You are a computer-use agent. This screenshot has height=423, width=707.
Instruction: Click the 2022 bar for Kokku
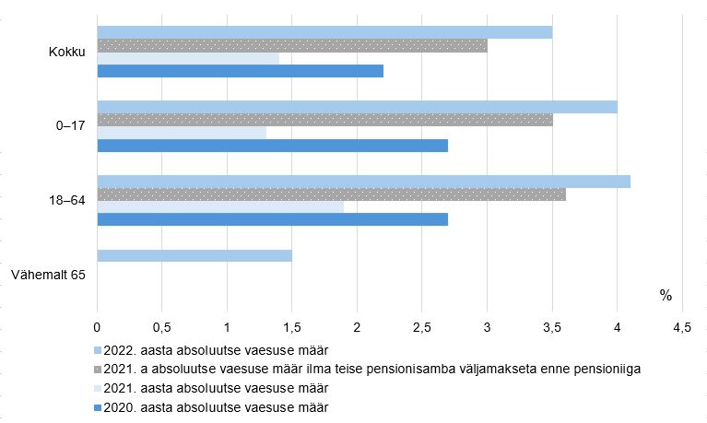click(x=324, y=32)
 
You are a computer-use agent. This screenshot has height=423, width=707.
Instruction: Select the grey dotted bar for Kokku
click(x=292, y=45)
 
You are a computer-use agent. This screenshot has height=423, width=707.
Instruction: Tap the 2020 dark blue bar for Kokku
click(x=240, y=71)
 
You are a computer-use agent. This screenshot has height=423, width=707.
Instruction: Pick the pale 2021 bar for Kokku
click(x=188, y=58)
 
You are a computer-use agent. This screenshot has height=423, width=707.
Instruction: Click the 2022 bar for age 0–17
click(x=357, y=107)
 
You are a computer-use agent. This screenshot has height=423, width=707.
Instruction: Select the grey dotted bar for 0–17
click(x=324, y=120)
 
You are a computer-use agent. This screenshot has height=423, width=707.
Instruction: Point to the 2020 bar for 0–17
click(x=272, y=146)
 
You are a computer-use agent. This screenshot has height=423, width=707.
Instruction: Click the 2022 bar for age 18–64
click(x=363, y=182)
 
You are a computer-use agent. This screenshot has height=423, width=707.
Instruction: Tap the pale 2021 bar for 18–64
click(x=220, y=206)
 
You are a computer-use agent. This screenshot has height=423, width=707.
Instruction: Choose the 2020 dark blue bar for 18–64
click(x=272, y=219)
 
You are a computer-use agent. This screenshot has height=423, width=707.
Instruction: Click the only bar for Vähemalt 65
click(x=194, y=255)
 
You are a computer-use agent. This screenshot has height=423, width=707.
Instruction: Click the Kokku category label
click(x=66, y=52)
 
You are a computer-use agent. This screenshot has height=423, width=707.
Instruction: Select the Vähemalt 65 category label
click(x=48, y=274)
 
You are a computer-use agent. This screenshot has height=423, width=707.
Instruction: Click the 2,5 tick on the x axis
click(x=421, y=327)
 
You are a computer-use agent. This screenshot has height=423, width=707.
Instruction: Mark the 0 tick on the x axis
click(x=97, y=327)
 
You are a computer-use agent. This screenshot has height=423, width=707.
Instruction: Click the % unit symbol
click(x=666, y=296)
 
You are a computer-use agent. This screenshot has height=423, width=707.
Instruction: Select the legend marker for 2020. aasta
click(x=99, y=406)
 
